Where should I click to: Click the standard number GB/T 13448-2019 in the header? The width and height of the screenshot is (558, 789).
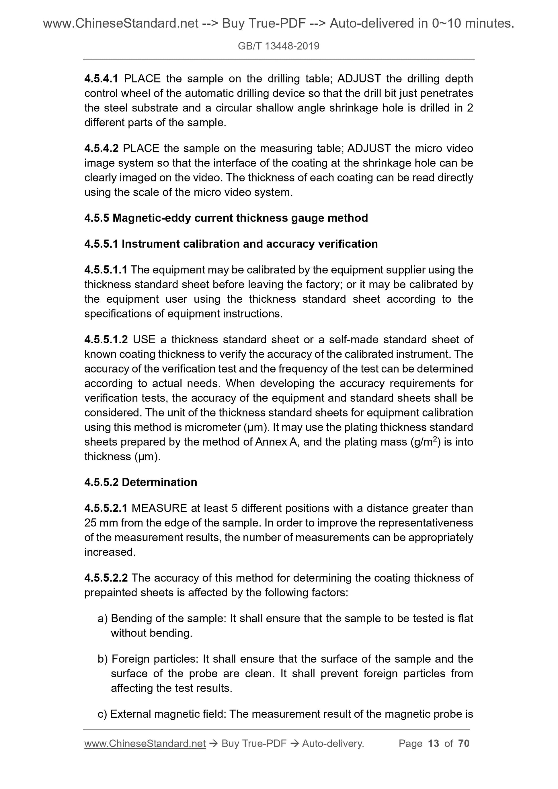278,46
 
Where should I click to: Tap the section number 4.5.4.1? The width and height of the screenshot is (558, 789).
101,79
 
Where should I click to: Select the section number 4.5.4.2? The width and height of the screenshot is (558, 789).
101,148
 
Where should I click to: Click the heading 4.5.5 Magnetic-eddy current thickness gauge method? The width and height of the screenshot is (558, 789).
226,218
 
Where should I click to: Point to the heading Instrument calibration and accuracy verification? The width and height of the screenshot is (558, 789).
249,244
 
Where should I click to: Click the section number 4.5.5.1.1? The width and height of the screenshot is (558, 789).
106,270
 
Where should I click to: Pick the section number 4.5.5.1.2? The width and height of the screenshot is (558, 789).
106,340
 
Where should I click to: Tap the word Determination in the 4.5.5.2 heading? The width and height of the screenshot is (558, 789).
159,482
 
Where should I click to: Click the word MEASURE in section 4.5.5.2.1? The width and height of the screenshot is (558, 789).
159,508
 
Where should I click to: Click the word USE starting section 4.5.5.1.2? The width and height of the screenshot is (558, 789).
144,340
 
